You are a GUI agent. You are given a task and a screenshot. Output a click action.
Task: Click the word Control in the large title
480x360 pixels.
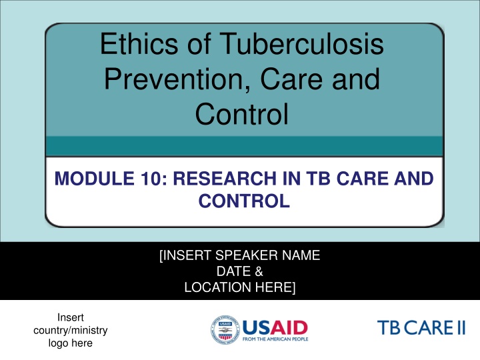pyautogui.click(x=242, y=114)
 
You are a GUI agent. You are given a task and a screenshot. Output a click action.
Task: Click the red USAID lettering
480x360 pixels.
pyautogui.click(x=274, y=327)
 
